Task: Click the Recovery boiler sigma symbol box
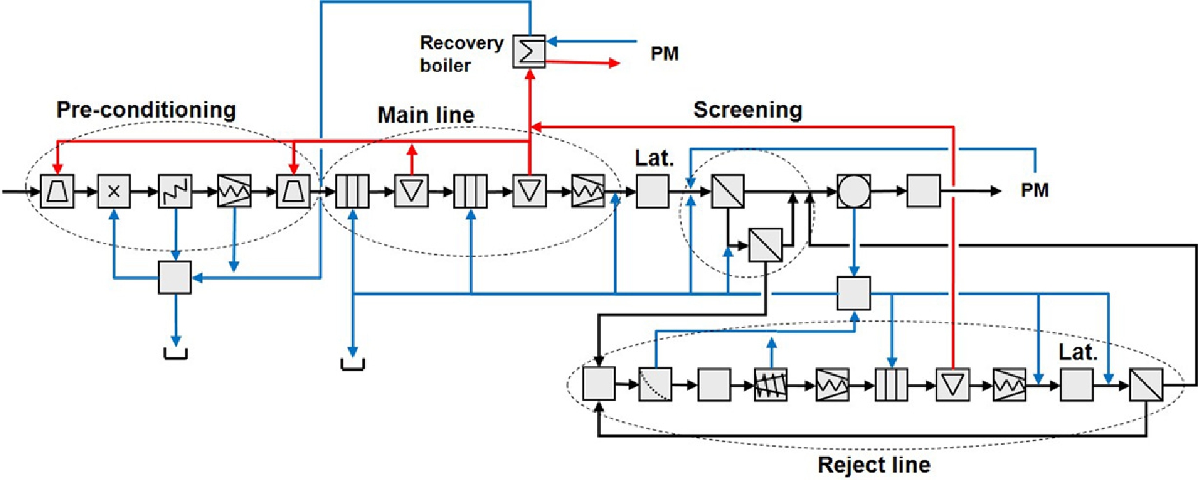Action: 529,51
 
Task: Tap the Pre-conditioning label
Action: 146,110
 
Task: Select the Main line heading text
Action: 426,115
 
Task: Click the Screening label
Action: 748,110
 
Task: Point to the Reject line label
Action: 873,465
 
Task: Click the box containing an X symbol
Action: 114,191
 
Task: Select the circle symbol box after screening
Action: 854,191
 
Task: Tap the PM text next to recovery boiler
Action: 664,54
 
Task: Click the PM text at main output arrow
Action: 1034,190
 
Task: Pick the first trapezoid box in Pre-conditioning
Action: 57,191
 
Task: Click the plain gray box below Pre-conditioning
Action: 175,277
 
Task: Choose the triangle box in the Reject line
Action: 953,384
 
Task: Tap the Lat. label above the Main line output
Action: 654,158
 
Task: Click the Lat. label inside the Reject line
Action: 1077,352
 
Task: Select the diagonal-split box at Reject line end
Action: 1146,384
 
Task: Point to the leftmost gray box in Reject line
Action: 599,383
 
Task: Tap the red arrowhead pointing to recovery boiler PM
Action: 614,64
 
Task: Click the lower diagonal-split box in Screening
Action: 765,245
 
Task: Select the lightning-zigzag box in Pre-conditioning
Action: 175,191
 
